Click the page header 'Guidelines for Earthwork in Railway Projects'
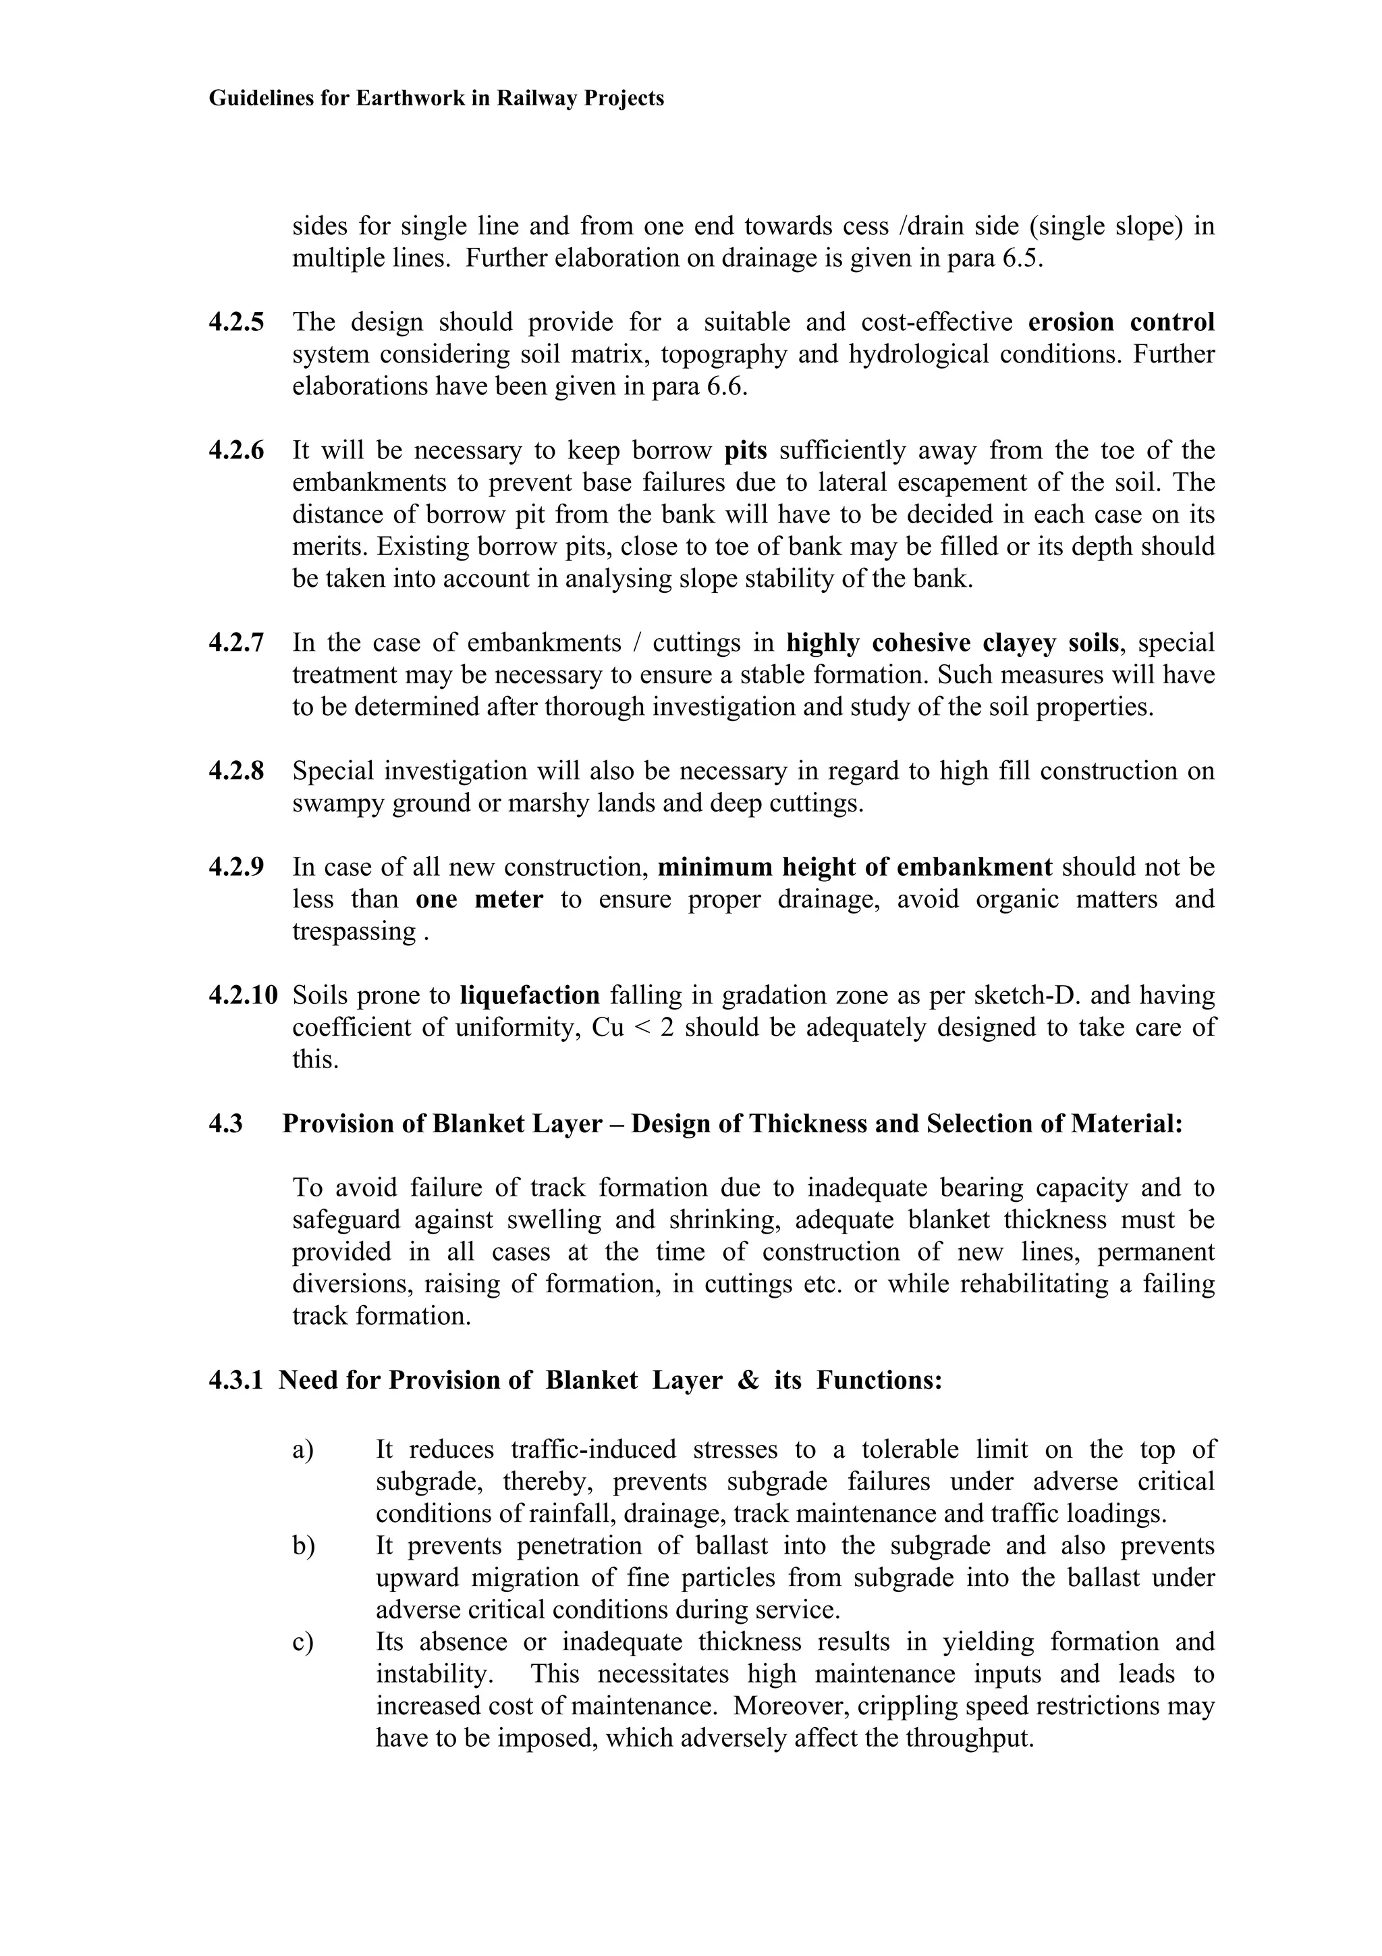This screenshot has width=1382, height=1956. coord(436,99)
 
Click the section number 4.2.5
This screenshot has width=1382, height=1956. coord(236,322)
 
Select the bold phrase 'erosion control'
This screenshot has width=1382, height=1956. coord(1121,322)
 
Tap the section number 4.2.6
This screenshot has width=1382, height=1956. coord(236,450)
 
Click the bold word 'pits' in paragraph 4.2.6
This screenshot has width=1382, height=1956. coord(745,450)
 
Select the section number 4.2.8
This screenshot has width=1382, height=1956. coord(236,771)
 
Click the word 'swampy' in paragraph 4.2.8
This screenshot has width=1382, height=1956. coord(338,803)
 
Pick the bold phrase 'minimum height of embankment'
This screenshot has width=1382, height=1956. coord(855,867)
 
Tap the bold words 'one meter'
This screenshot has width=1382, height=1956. coord(478,899)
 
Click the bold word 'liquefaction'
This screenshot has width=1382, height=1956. coord(530,995)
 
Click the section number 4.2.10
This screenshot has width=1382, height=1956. coord(243,995)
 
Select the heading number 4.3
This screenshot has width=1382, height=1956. coord(225,1124)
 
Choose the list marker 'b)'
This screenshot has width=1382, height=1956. coord(303,1546)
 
